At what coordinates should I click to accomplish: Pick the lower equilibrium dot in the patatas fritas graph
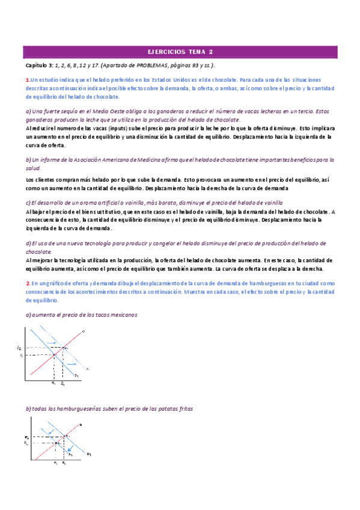click(55, 443)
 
